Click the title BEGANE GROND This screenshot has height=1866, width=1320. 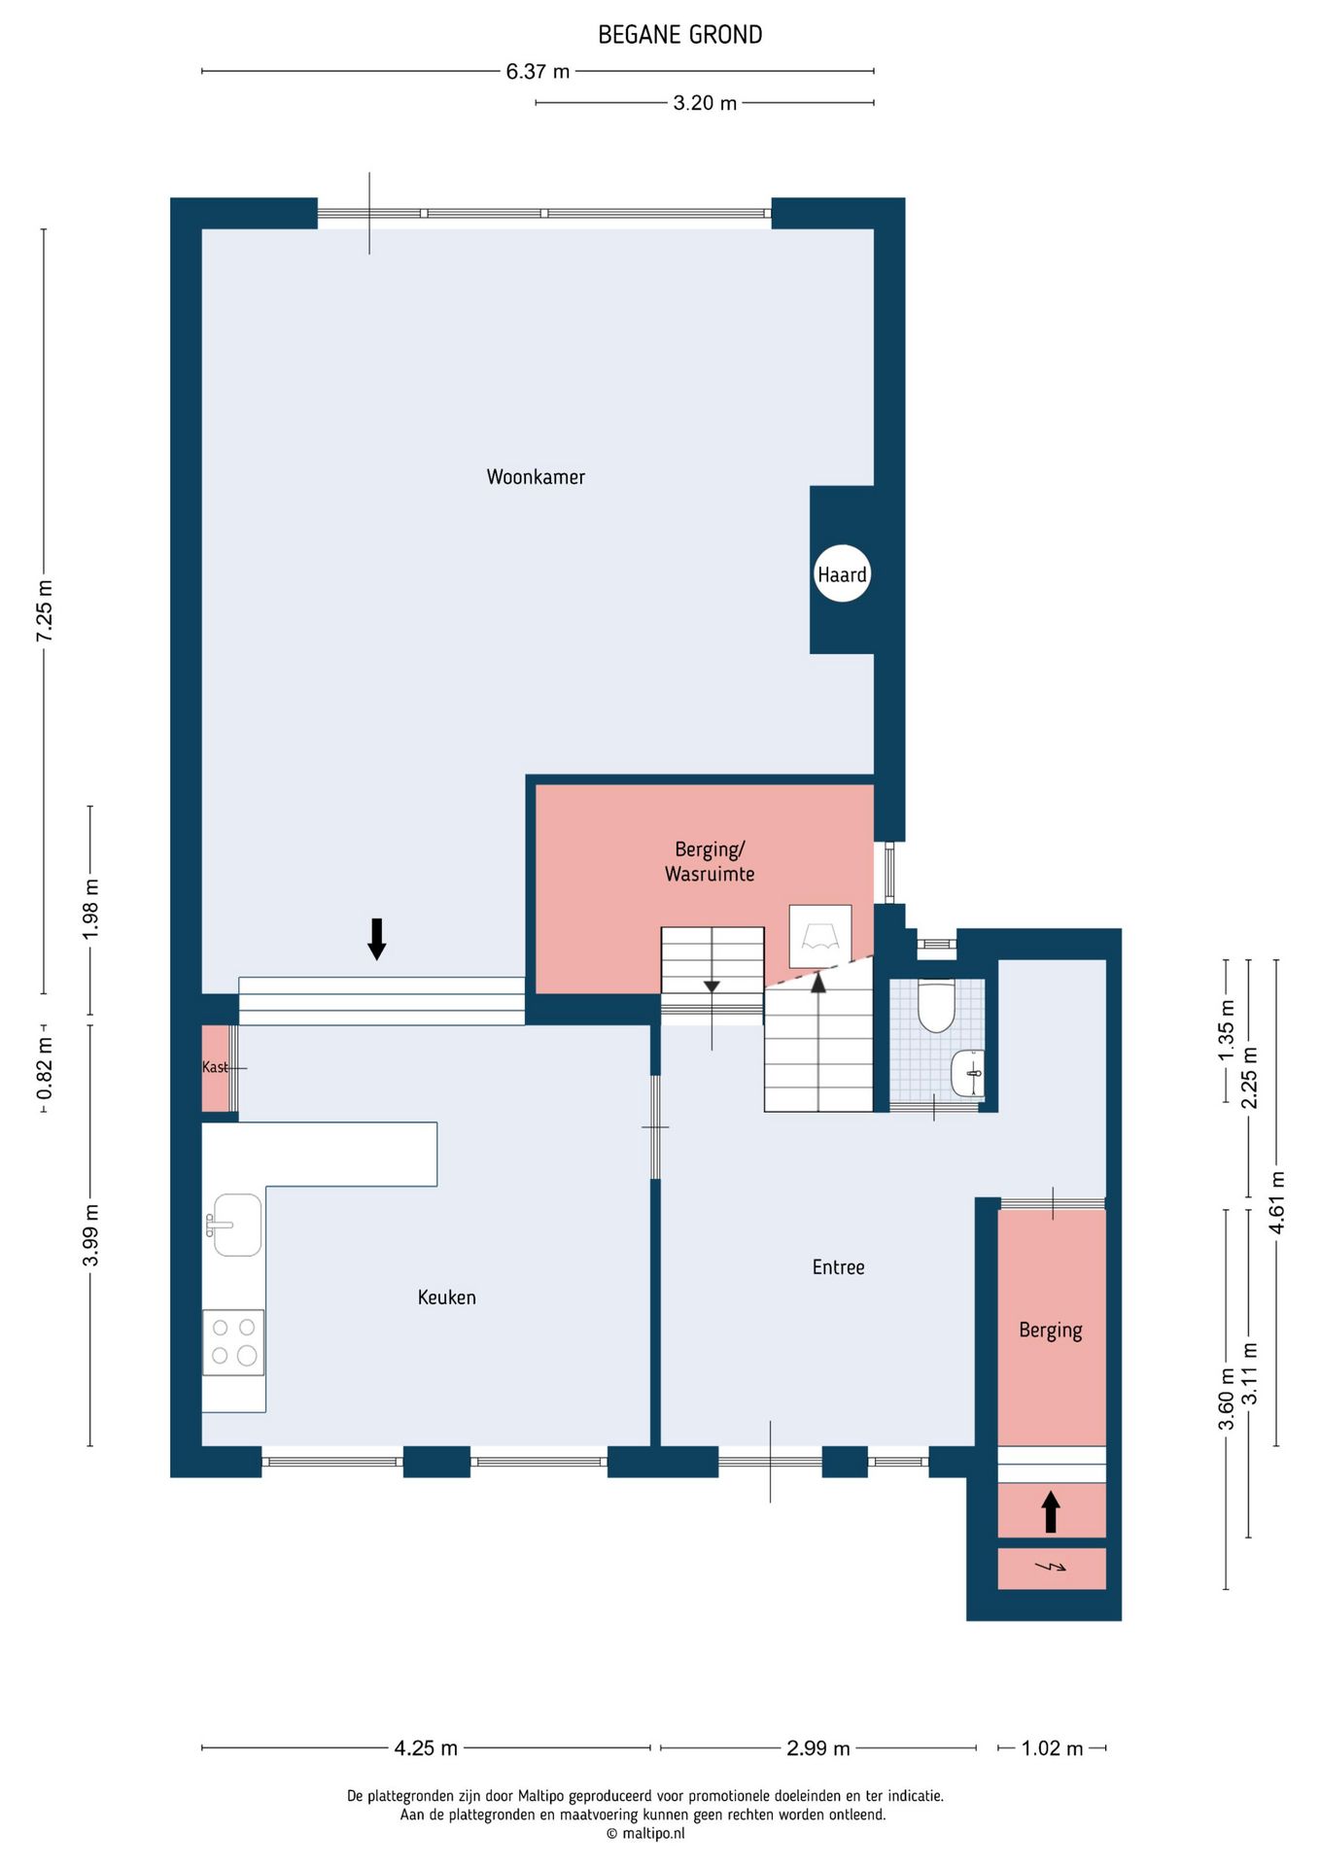tap(679, 35)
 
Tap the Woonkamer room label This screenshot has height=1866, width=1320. tap(536, 476)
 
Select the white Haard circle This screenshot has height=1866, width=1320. tap(842, 573)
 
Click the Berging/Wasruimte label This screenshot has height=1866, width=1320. tap(710, 861)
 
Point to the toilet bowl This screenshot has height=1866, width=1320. tap(937, 1006)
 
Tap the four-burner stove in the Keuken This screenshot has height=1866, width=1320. tap(233, 1342)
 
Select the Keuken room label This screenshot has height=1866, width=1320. tap(447, 1297)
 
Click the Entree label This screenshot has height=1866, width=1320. tap(838, 1266)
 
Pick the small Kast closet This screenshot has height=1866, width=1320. tap(216, 1067)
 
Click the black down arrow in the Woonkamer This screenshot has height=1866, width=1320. tap(377, 939)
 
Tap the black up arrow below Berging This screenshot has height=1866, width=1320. tap(1051, 1512)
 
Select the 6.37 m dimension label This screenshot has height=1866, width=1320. tap(538, 71)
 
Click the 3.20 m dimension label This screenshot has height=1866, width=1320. tap(705, 102)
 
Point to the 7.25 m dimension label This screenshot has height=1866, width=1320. tap(45, 610)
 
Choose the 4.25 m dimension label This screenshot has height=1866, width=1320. tap(426, 1747)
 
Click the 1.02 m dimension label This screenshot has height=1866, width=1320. tap(1052, 1747)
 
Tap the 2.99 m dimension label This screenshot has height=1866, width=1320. tap(818, 1747)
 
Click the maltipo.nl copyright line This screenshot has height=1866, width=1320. tap(645, 1833)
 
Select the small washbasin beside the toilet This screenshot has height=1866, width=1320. tap(968, 1073)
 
